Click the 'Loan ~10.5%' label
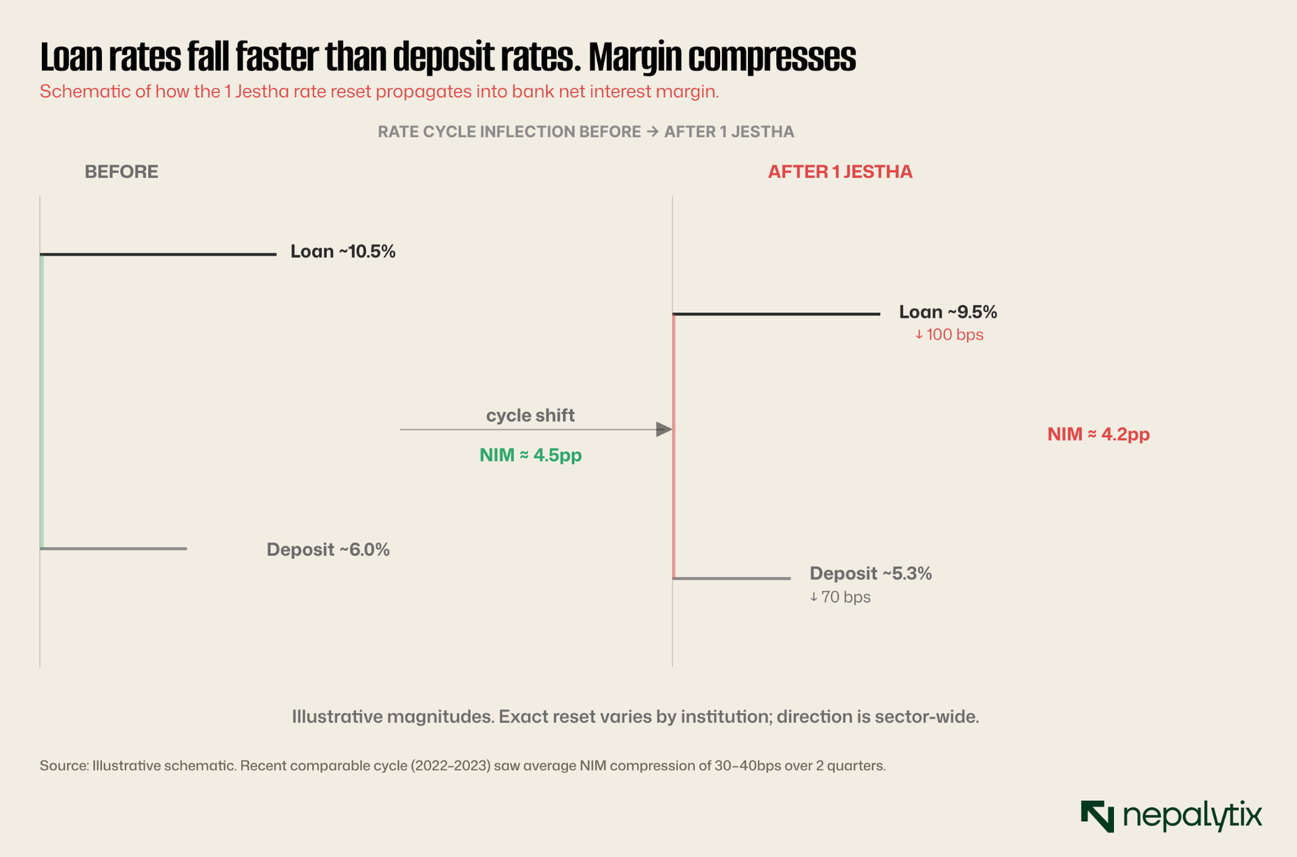pyautogui.click(x=342, y=252)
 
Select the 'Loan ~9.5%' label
pyautogui.click(x=948, y=312)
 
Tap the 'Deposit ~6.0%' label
pyautogui.click(x=328, y=550)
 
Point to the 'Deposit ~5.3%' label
pyautogui.click(x=871, y=574)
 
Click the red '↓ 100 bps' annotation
pyautogui.click(x=949, y=335)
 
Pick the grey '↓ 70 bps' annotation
pyautogui.click(x=840, y=597)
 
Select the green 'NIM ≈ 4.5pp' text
pyautogui.click(x=530, y=455)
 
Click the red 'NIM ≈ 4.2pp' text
pyautogui.click(x=1098, y=434)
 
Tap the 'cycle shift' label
pyautogui.click(x=530, y=415)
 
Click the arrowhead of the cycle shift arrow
pyautogui.click(x=665, y=430)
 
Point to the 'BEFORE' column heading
pyautogui.click(x=122, y=172)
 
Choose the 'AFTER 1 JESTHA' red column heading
pyautogui.click(x=840, y=172)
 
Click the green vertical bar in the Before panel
pyautogui.click(x=42, y=402)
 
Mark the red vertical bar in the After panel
pyautogui.click(x=674, y=446)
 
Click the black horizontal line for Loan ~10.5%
pyautogui.click(x=158, y=255)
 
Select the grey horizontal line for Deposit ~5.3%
pyautogui.click(x=732, y=579)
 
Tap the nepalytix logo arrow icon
pyautogui.click(x=1097, y=816)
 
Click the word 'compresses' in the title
pyautogui.click(x=772, y=57)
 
